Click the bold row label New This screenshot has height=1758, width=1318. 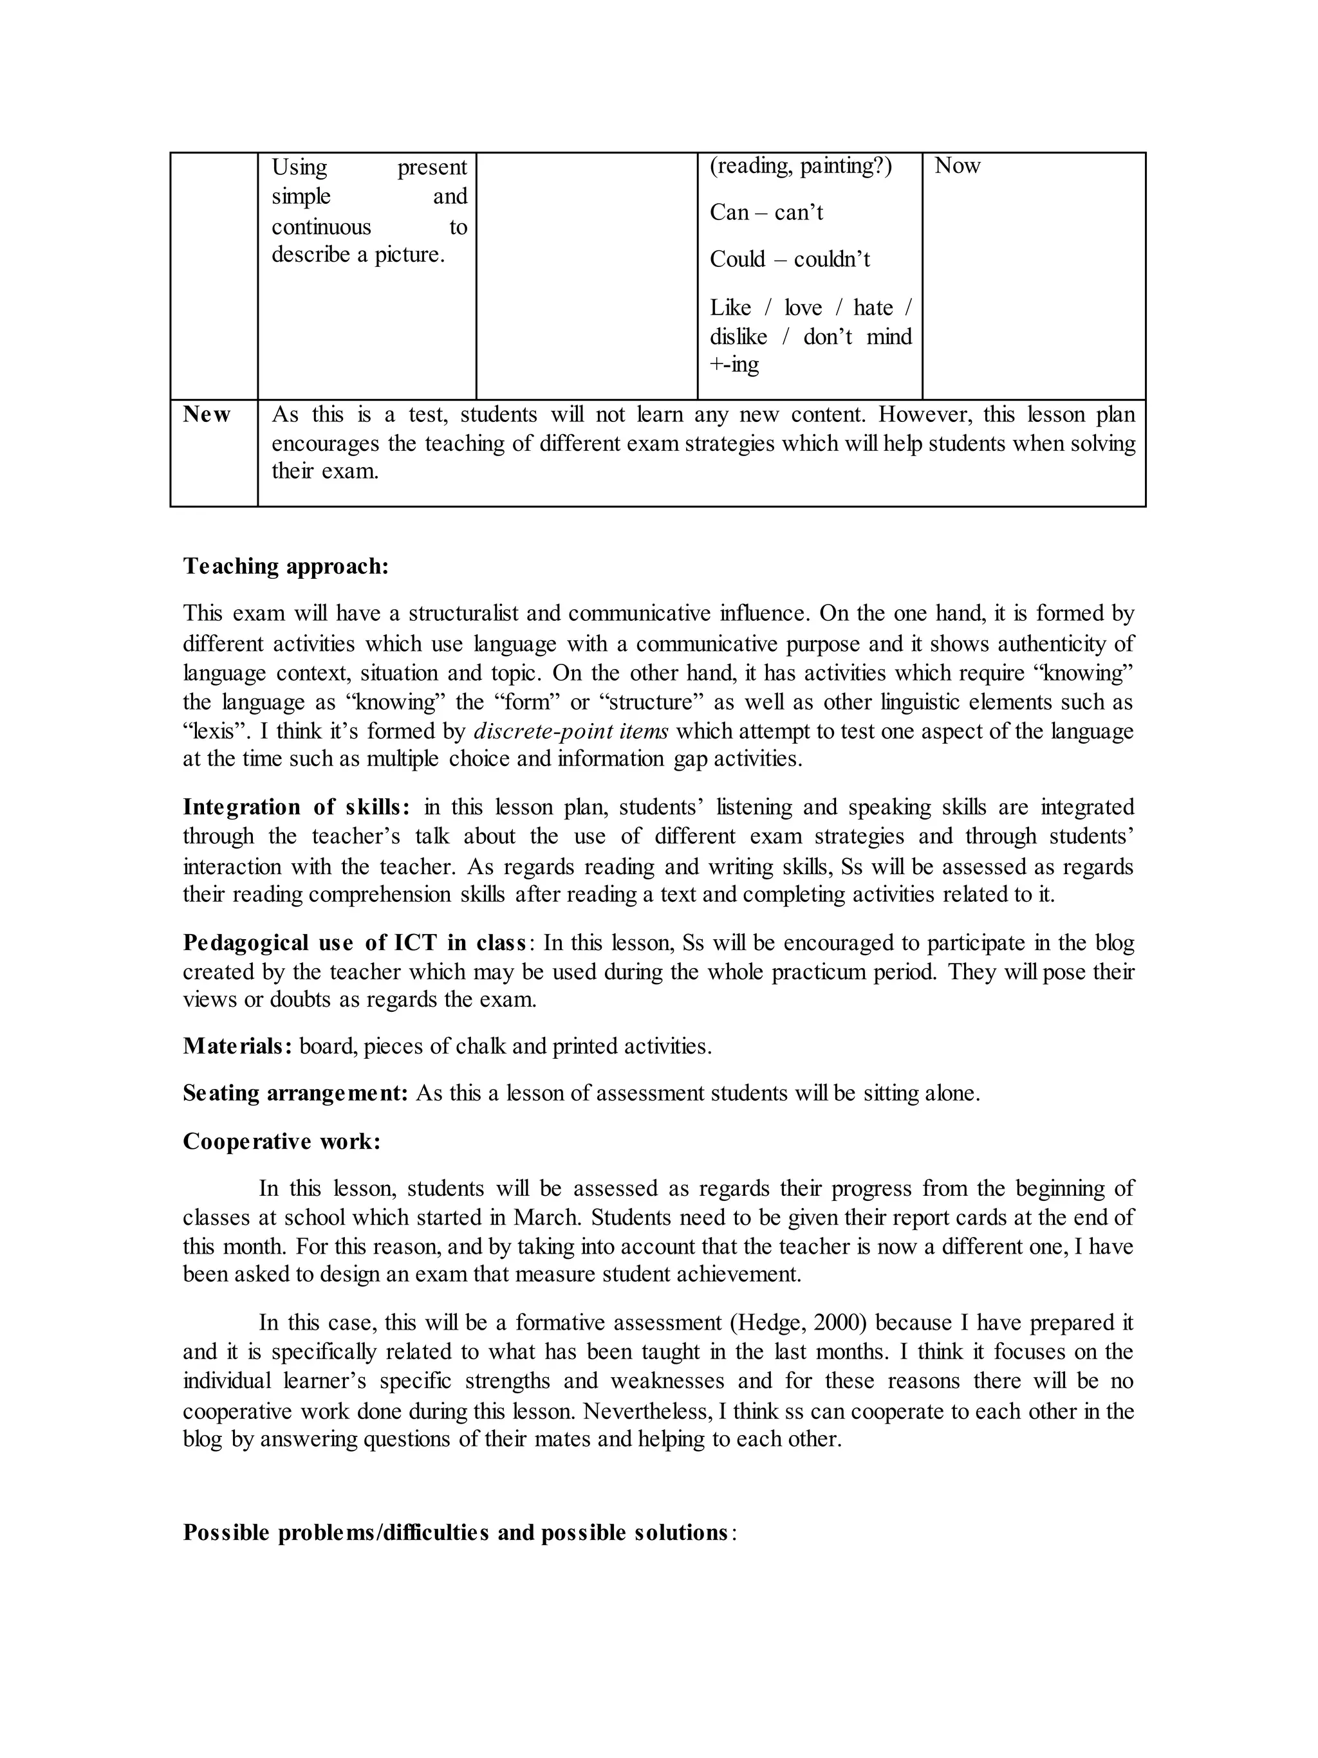point(207,415)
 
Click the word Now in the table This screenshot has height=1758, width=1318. point(957,166)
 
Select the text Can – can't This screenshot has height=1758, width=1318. point(766,212)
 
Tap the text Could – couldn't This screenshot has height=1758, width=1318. point(790,259)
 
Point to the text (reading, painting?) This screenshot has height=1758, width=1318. point(801,166)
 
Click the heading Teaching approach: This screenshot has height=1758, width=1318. point(286,567)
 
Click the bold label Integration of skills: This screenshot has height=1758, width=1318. point(297,807)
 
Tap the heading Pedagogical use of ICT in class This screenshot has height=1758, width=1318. point(355,942)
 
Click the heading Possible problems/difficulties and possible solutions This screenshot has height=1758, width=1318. point(456,1532)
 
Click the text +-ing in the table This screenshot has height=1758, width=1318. point(734,365)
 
